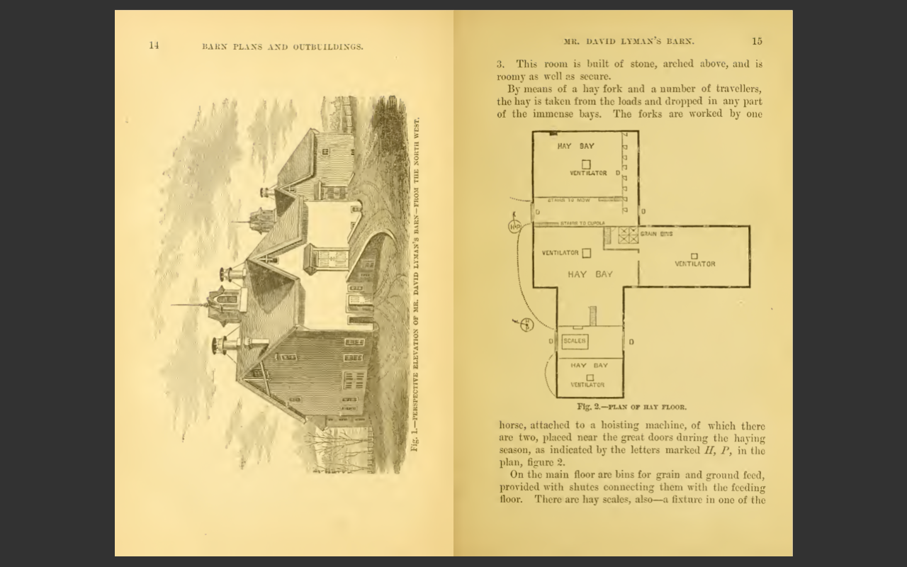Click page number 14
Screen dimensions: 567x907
[x=154, y=46]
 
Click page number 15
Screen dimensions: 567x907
[x=757, y=41]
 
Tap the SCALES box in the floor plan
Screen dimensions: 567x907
[x=574, y=341]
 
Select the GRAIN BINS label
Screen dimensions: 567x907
[x=657, y=233]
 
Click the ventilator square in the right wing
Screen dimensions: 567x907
[x=694, y=256]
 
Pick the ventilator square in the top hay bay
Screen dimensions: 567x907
[x=586, y=164]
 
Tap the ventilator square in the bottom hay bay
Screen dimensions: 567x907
[x=590, y=377]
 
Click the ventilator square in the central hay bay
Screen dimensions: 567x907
[x=586, y=253]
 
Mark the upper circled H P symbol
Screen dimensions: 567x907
[x=514, y=226]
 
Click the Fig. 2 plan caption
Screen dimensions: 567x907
[x=631, y=407]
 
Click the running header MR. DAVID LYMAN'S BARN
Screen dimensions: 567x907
[x=629, y=41]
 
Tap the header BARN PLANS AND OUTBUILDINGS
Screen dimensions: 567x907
[x=283, y=47]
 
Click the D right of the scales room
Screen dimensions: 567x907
[x=631, y=342]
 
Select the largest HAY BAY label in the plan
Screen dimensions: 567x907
[x=590, y=274]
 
